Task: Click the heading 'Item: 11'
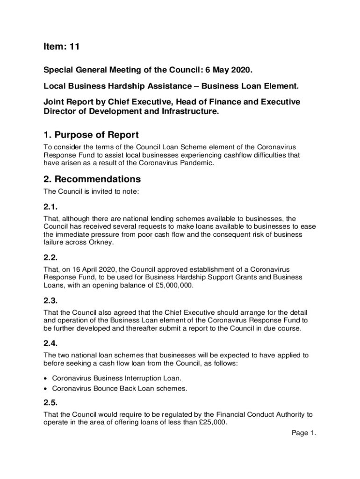pos(61,46)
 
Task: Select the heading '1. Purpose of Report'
pos(91,135)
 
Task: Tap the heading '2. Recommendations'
pos(92,179)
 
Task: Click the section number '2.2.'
pos(50,258)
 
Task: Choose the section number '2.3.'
pos(50,300)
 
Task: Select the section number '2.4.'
pos(50,343)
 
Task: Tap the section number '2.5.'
pos(50,402)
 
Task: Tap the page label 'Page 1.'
pos(304,433)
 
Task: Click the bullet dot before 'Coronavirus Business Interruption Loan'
pos(46,377)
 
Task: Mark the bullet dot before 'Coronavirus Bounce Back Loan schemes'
pos(46,388)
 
